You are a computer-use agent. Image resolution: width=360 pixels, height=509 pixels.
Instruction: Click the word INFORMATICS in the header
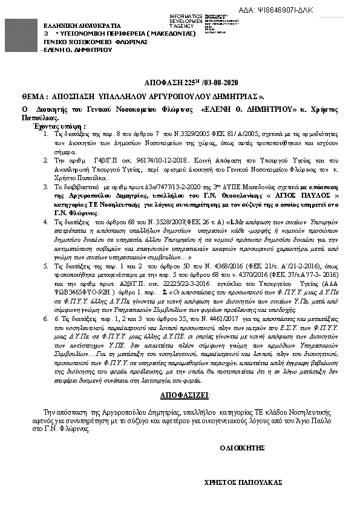click(186, 16)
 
